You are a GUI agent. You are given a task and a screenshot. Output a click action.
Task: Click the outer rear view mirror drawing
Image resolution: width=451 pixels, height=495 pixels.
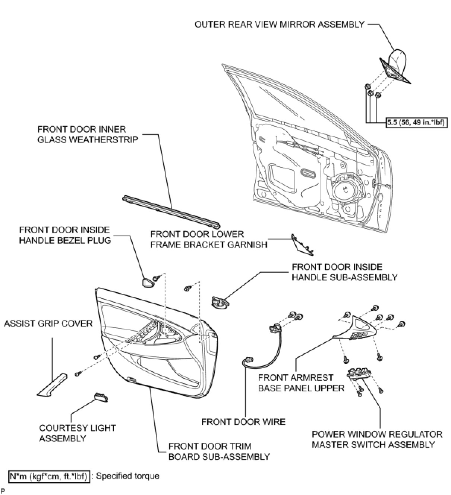(396, 67)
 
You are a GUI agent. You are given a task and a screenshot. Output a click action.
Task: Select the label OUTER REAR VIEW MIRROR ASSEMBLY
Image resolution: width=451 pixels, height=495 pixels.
(280, 25)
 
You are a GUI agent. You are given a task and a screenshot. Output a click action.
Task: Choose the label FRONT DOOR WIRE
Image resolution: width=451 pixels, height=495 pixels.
(243, 422)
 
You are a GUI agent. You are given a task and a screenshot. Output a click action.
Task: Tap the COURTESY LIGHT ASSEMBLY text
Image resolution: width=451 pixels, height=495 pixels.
(78, 433)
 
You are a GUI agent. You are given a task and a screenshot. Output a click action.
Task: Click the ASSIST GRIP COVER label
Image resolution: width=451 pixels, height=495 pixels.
(48, 323)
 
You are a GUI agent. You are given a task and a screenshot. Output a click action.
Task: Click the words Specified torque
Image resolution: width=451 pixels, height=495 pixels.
(127, 476)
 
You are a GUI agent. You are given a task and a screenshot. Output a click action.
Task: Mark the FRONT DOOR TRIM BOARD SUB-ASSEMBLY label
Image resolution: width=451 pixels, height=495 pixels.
(219, 451)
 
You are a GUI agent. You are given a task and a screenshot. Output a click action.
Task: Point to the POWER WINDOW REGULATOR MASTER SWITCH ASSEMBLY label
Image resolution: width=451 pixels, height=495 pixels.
(377, 439)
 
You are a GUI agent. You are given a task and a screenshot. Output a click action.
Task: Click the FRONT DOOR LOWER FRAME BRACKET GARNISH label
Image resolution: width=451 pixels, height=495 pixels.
(209, 239)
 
